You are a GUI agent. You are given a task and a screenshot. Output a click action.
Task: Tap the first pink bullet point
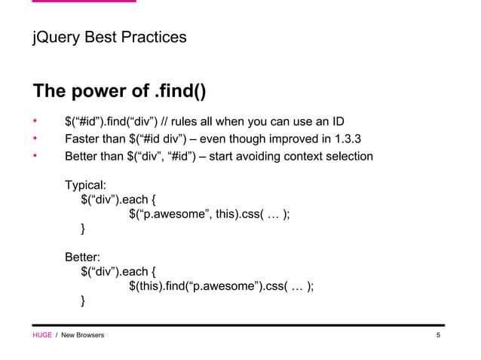click(34, 121)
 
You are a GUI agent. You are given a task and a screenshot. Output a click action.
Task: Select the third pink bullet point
click(34, 157)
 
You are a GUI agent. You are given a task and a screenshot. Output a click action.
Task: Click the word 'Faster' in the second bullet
click(84, 139)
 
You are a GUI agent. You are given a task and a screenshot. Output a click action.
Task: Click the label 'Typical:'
click(86, 185)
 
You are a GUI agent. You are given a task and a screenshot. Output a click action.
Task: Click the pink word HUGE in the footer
click(41, 334)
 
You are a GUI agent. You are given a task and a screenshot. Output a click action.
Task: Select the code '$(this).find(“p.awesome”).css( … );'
click(221, 285)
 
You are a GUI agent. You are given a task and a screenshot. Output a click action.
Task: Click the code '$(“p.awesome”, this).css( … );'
click(210, 215)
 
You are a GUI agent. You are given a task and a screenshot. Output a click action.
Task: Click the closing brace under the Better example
click(84, 301)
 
